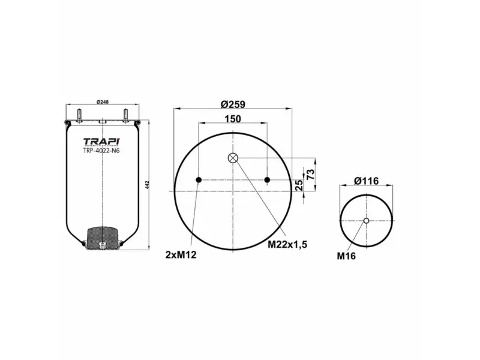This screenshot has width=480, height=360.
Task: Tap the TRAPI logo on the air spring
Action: [101, 142]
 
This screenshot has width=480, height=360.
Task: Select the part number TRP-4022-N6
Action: [101, 151]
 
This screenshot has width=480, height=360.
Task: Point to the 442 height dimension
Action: [147, 184]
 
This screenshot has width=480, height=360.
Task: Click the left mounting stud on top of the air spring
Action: [79, 113]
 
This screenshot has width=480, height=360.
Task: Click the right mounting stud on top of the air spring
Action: [125, 113]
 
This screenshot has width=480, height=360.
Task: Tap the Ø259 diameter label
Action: [233, 104]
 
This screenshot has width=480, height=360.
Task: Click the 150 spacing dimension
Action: [233, 119]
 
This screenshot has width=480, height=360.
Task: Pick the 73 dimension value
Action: [311, 175]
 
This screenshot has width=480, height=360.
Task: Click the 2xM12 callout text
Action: [181, 254]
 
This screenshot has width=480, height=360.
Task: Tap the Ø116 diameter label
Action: [366, 181]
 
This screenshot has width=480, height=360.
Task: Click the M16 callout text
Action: [346, 255]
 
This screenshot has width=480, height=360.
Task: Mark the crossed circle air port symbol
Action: [233, 158]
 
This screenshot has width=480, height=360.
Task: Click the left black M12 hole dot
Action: [199, 180]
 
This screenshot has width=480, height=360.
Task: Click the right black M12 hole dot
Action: [268, 180]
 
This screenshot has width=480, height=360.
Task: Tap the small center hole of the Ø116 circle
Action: [366, 221]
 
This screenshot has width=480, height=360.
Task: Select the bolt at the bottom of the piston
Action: [101, 244]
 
